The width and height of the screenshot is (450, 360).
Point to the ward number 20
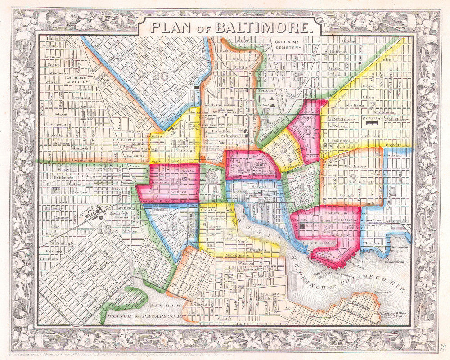[160, 76]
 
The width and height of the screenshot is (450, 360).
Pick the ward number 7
[371, 107]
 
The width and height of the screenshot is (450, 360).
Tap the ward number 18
[106, 229]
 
